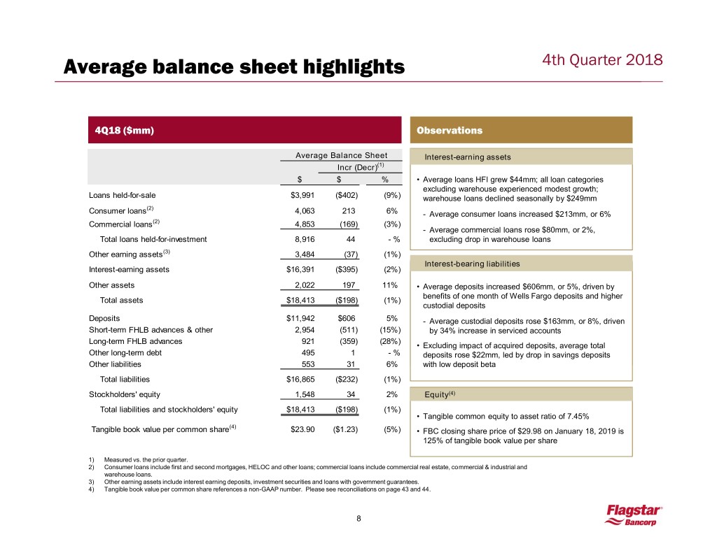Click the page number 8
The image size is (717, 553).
[358, 519]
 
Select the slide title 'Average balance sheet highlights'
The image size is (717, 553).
[234, 67]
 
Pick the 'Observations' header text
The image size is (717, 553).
[449, 130]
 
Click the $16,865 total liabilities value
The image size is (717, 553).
[303, 380]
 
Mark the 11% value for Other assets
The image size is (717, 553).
[391, 285]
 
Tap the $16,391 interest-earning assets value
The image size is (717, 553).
[303, 269]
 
